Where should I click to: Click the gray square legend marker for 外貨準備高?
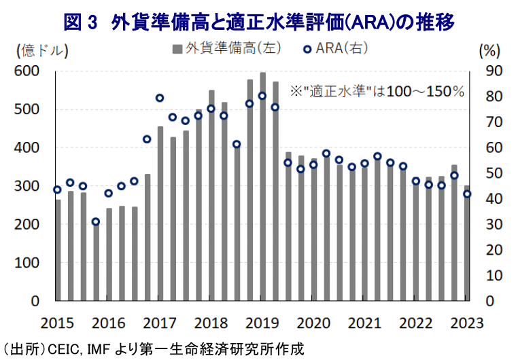click(x=177, y=48)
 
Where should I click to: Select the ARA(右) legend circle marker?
click(x=308, y=48)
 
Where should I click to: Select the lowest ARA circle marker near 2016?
click(x=96, y=222)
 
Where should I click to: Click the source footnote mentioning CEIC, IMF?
click(x=153, y=348)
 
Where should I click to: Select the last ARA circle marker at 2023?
click(x=467, y=194)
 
